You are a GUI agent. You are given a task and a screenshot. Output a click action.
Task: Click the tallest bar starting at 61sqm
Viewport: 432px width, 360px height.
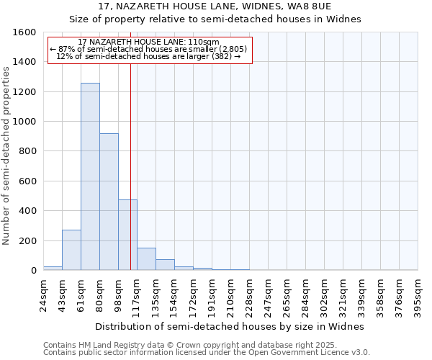pos(90,176)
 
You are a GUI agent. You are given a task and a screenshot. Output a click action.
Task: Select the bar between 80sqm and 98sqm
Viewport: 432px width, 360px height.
pos(109,202)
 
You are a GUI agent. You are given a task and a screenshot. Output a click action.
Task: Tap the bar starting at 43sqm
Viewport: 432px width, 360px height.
pos(71,250)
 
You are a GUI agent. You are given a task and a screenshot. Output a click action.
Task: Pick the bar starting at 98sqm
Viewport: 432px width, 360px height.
pos(127,235)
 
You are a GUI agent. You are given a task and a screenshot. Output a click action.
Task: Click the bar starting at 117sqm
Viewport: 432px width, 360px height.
pos(146,259)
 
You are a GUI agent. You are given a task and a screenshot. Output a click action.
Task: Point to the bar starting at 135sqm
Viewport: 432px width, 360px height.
pos(165,265)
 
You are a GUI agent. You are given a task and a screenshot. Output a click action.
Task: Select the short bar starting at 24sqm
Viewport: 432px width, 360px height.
pos(53,268)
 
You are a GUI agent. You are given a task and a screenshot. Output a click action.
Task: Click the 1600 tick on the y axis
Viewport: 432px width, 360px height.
pos(25,32)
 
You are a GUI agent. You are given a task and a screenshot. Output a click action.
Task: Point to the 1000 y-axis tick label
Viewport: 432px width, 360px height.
pos(25,122)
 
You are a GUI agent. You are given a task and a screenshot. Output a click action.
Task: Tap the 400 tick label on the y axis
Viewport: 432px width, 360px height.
pos(27,211)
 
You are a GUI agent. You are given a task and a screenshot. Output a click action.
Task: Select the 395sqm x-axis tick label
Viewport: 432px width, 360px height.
pos(418,296)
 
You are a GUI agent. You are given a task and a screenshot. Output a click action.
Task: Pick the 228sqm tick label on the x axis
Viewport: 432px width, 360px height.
pos(249,296)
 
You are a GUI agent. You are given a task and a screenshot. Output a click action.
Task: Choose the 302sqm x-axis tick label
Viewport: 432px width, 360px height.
pos(324,296)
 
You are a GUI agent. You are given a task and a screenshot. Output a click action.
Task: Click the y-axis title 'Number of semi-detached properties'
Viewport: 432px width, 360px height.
pos(8,153)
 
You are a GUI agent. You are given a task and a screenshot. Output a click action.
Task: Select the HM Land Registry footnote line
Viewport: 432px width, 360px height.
pos(185,345)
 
